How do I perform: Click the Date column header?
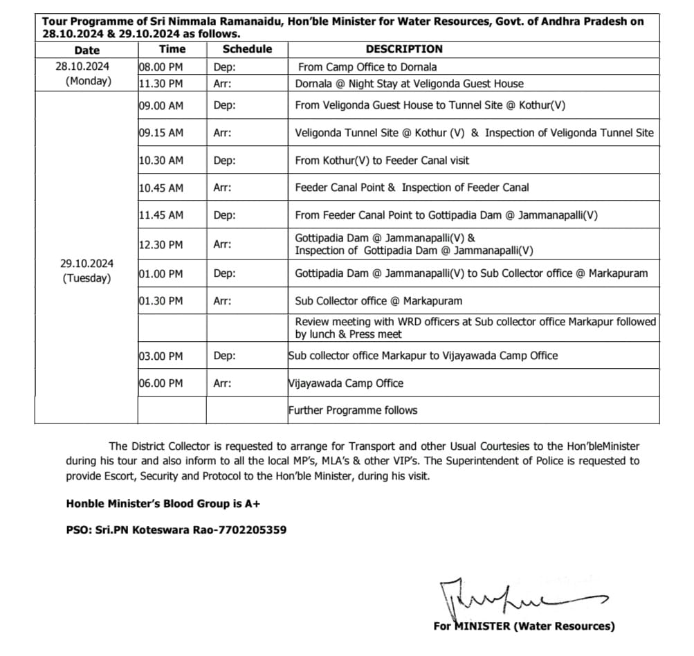coord(86,50)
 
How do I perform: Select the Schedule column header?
coord(247,49)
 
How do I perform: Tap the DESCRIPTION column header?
coord(404,49)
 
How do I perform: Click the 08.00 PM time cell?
coord(161,67)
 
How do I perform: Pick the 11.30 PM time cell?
coord(161,84)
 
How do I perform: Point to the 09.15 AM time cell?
coord(161,133)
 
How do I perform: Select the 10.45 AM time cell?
coord(161,188)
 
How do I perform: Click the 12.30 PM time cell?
coord(161,244)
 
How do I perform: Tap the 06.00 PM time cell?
coord(161,383)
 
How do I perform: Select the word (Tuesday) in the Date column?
coord(86,279)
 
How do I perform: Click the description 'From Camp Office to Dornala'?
coord(367,67)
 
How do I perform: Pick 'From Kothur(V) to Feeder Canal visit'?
coord(382,161)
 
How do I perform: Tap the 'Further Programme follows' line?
coord(353,410)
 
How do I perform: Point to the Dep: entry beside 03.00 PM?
coord(225,356)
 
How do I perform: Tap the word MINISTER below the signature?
coord(482,626)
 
